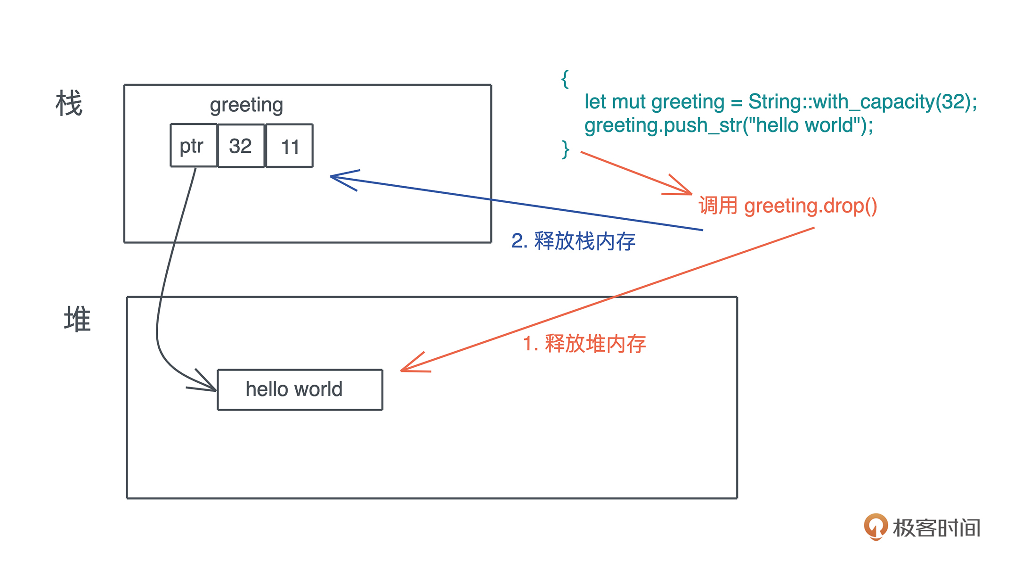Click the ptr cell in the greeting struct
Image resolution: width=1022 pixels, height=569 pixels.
click(x=193, y=146)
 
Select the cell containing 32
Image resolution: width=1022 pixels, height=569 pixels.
click(x=241, y=146)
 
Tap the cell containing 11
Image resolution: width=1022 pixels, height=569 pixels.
click(x=290, y=146)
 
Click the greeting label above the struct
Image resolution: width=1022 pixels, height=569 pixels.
click(x=246, y=105)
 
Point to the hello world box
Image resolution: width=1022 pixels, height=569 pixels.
click(x=300, y=389)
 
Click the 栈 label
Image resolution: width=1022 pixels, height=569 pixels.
click(x=69, y=103)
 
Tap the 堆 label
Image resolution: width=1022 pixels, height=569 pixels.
click(x=77, y=319)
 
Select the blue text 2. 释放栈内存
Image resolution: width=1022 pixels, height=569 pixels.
click(x=573, y=241)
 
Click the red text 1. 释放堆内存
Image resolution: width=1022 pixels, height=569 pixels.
click(x=584, y=343)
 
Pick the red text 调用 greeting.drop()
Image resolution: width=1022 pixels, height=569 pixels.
click(x=787, y=206)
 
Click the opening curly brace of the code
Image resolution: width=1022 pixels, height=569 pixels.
click(x=565, y=79)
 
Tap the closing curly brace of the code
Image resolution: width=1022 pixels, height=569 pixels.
click(x=565, y=149)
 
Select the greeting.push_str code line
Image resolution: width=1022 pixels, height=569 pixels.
click(x=729, y=125)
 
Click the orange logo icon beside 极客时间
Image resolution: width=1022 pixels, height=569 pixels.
click(x=876, y=526)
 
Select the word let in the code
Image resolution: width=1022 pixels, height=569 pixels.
click(x=595, y=102)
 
